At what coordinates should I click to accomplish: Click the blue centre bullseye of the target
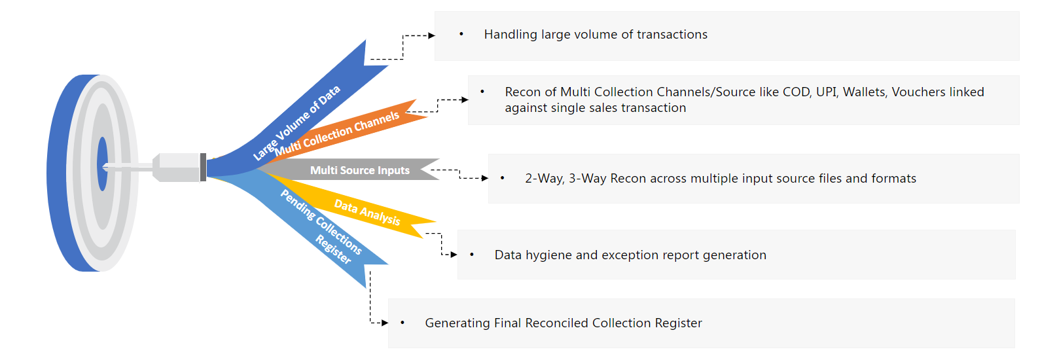102,164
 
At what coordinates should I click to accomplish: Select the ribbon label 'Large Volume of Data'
297,122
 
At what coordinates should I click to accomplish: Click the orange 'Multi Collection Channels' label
336,134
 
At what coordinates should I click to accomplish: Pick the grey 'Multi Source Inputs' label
359,170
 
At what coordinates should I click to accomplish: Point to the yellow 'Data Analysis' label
367,212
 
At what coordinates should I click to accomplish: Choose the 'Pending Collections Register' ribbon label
321,226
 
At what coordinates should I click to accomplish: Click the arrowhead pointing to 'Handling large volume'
431,35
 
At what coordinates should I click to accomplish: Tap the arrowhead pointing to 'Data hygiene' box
454,255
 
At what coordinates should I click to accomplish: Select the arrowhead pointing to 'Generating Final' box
385,323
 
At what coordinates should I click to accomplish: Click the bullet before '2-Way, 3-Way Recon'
502,178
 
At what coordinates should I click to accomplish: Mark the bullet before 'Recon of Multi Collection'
482,92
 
